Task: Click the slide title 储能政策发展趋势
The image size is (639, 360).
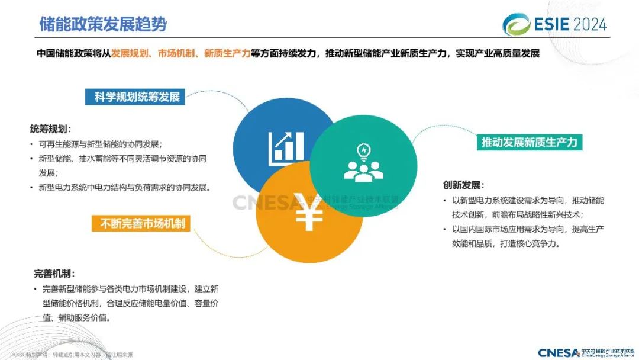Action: [103, 24]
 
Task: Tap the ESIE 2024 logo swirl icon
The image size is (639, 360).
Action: [516, 24]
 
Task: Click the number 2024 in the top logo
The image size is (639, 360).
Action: [586, 24]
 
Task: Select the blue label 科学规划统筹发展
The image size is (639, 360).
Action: [137, 97]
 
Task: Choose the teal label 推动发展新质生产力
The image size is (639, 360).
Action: [529, 143]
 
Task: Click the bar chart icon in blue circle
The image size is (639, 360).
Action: [286, 148]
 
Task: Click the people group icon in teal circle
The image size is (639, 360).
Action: [363, 170]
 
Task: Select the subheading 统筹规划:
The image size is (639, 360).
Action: [50, 128]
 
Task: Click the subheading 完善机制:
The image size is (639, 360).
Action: [54, 274]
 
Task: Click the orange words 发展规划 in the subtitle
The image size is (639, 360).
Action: [130, 53]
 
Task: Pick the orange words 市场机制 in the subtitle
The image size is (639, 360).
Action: [176, 53]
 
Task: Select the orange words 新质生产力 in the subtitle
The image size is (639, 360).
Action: [227, 53]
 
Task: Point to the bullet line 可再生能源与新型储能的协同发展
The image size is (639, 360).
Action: [100, 144]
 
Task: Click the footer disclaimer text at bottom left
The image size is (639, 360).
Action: [71, 355]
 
